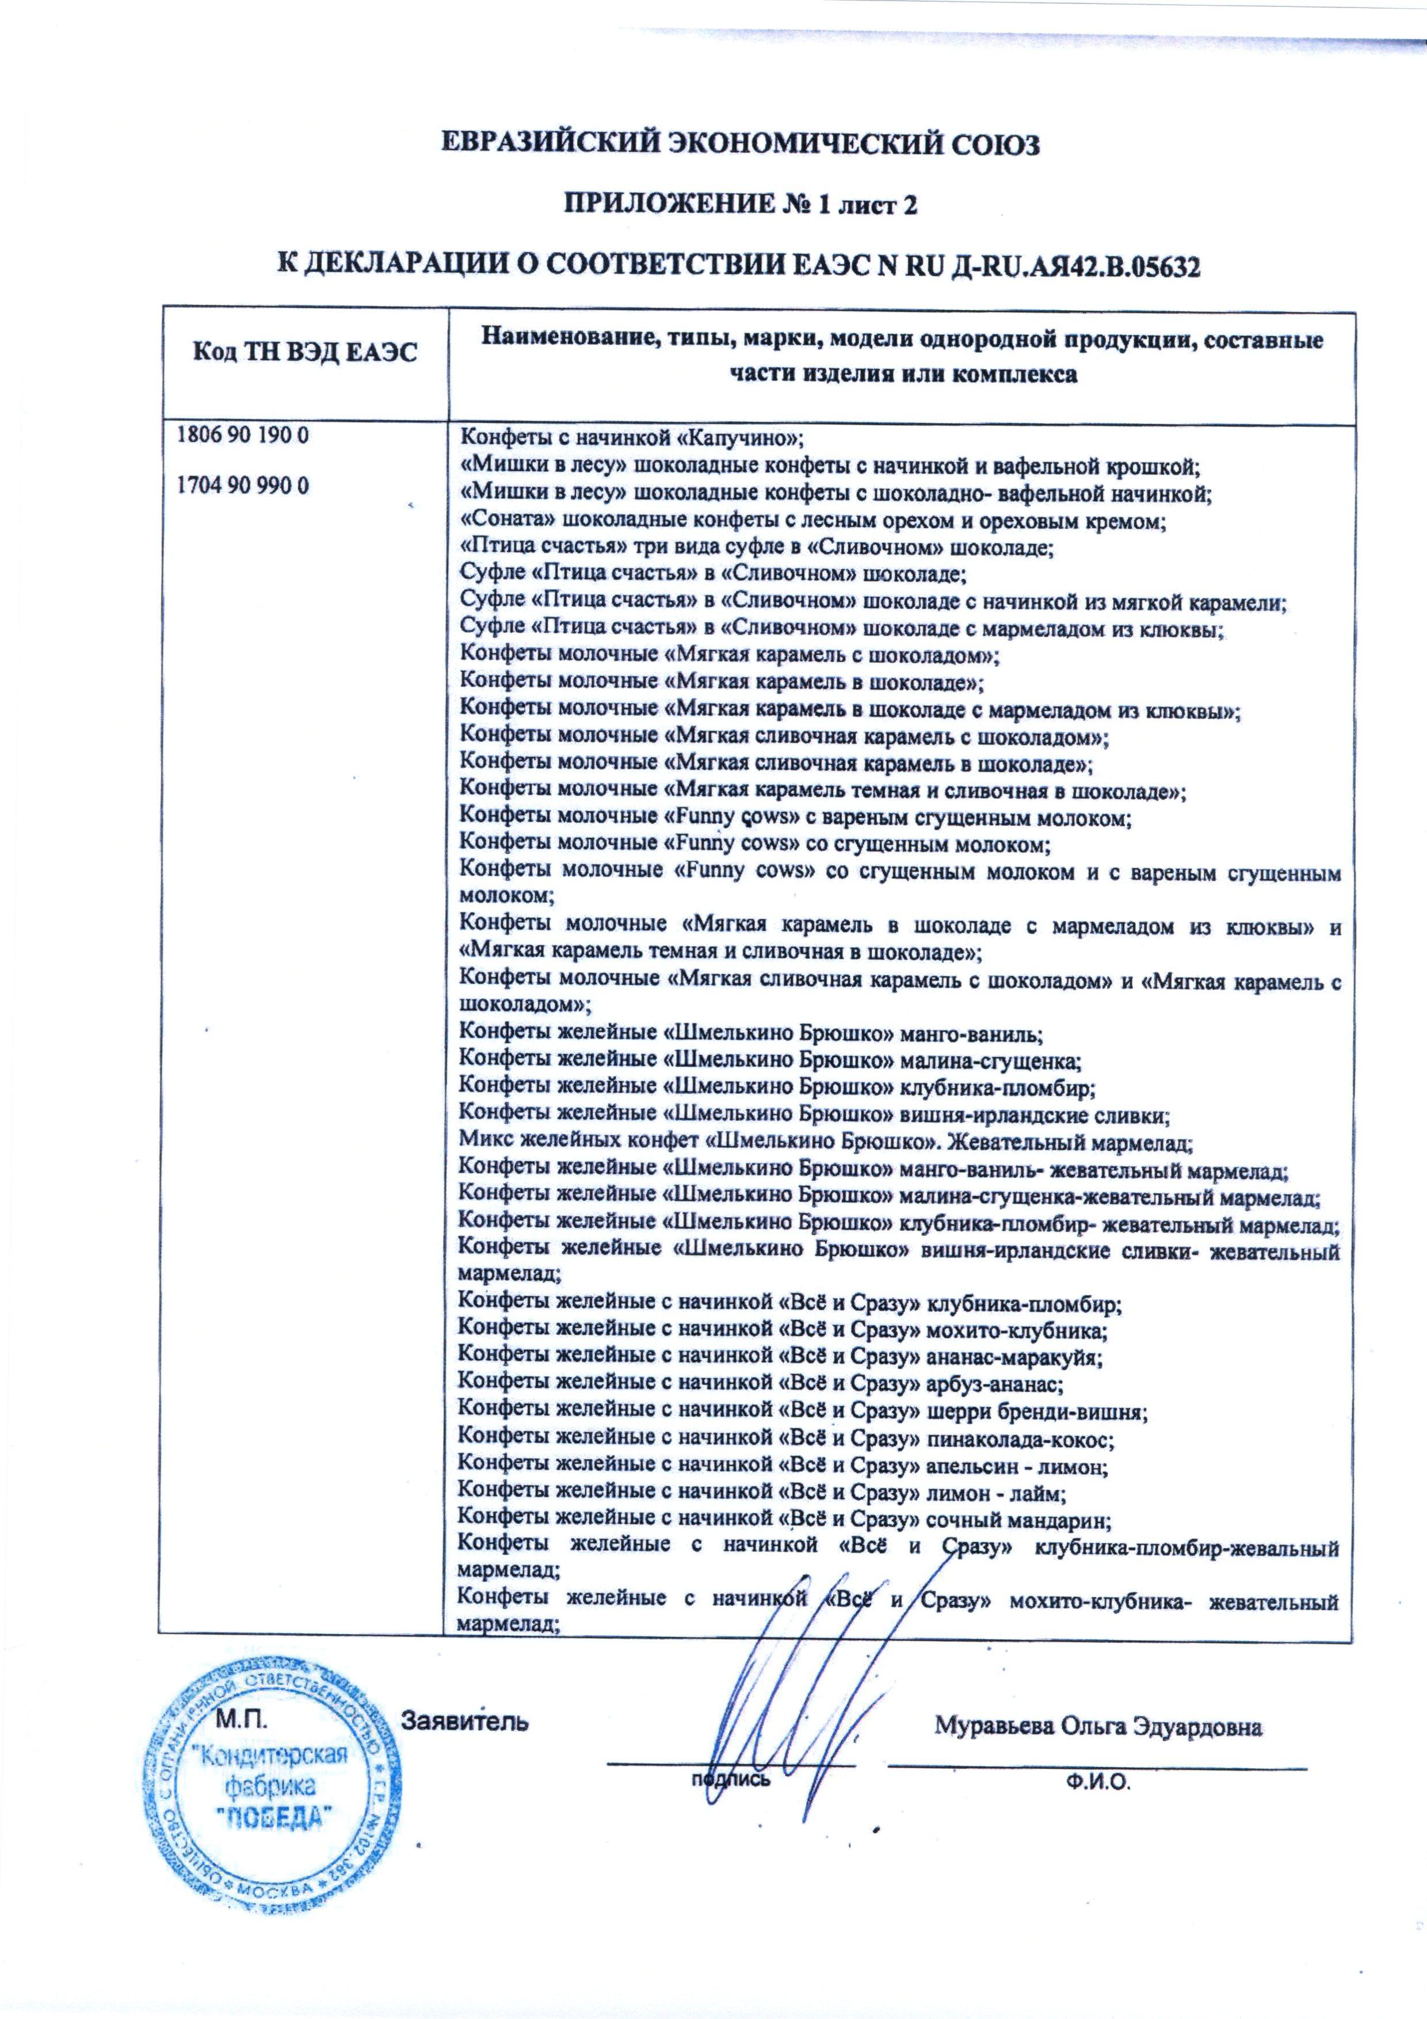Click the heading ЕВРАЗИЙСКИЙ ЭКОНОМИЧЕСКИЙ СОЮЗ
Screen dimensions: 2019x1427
[739, 144]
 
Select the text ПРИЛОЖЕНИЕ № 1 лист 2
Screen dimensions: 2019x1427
[739, 205]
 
